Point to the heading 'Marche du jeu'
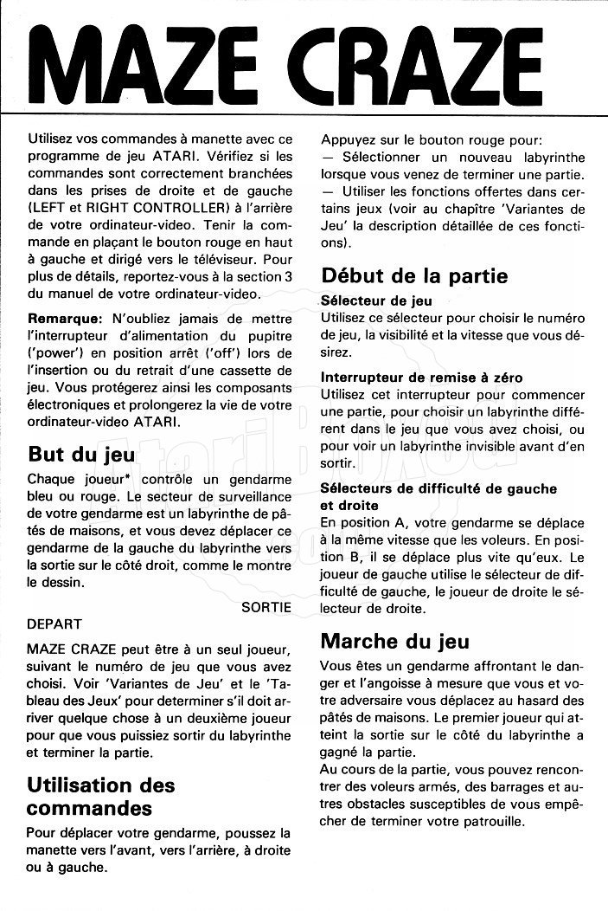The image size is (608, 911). pyautogui.click(x=394, y=641)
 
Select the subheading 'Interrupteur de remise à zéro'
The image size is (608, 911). pyautogui.click(x=421, y=378)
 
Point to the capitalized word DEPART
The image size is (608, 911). pyautogui.click(x=55, y=623)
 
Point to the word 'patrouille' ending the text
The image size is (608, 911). pyautogui.click(x=490, y=821)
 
